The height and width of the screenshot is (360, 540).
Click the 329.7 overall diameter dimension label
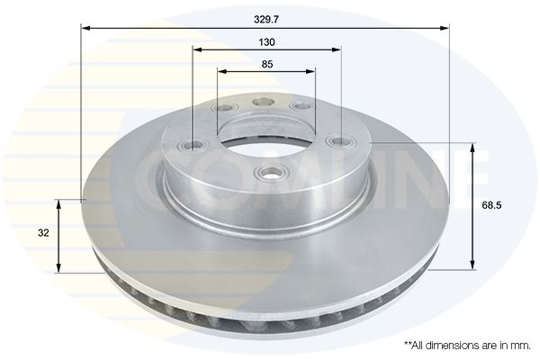(266, 20)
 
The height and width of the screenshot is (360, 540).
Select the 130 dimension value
(267, 42)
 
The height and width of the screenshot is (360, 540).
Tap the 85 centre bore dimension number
(267, 64)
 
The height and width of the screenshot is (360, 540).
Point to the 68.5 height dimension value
(491, 206)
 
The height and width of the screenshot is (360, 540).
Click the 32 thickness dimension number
(43, 233)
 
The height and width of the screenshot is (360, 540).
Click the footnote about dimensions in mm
(467, 346)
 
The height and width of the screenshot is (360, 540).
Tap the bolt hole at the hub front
(272, 171)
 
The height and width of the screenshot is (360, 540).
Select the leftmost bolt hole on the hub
(194, 145)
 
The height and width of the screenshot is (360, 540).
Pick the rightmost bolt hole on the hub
(339, 141)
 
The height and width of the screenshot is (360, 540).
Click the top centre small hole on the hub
(264, 102)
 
